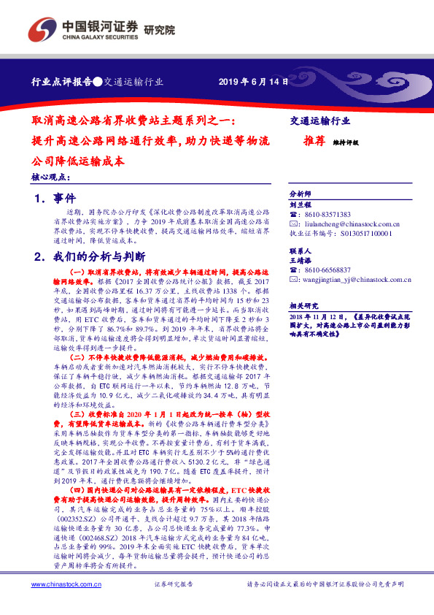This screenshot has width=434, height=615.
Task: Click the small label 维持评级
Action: click(345, 143)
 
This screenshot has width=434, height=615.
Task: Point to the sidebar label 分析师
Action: click(301, 194)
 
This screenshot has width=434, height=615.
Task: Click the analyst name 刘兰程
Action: click(301, 205)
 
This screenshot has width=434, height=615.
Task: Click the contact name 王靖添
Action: click(301, 259)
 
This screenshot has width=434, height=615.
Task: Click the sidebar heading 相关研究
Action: click(301, 305)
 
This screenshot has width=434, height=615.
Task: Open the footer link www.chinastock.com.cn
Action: click(66, 584)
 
